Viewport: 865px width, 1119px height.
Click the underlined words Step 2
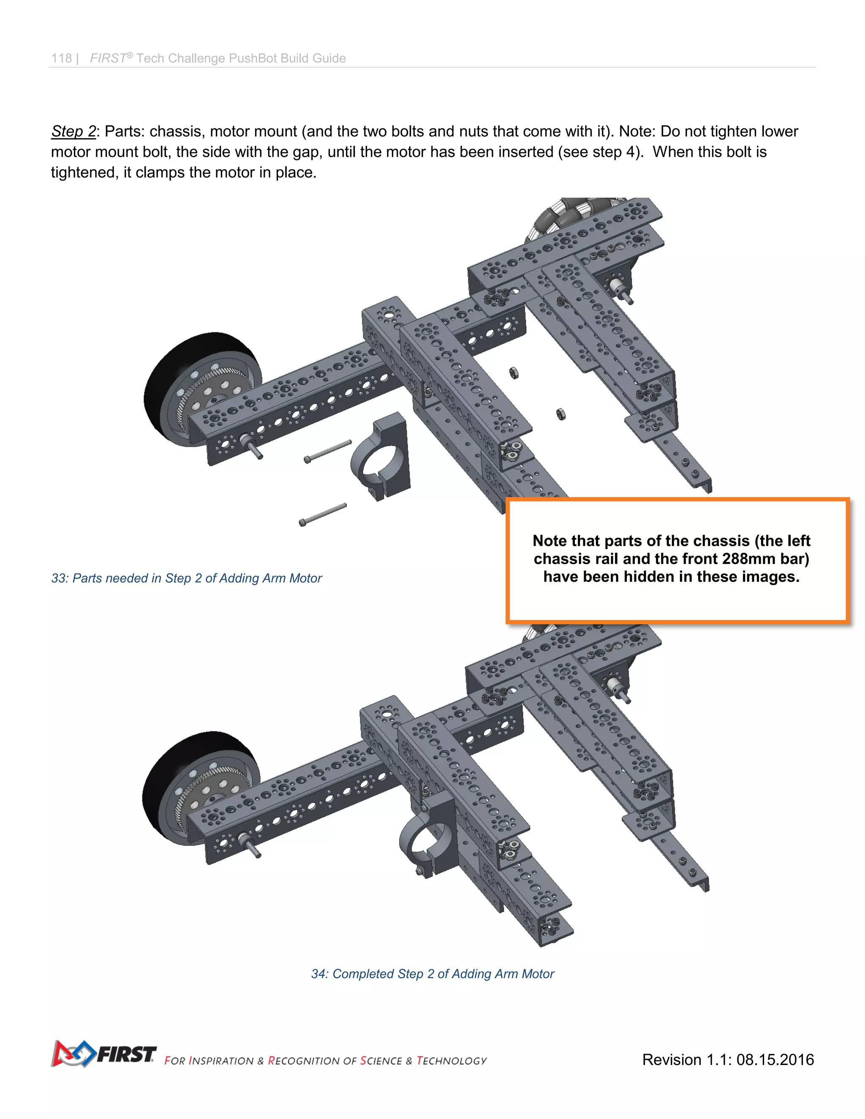pos(73,132)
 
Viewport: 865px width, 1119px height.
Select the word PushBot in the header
pos(253,58)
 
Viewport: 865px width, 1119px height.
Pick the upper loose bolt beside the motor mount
pos(328,451)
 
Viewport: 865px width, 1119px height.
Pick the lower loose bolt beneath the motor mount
pos(323,514)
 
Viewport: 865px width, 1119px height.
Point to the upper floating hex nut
pos(514,373)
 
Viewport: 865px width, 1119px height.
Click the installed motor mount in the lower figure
pos(428,835)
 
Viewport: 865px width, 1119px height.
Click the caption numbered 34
pos(432,974)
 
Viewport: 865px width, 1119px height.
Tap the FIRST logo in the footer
pos(104,1054)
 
